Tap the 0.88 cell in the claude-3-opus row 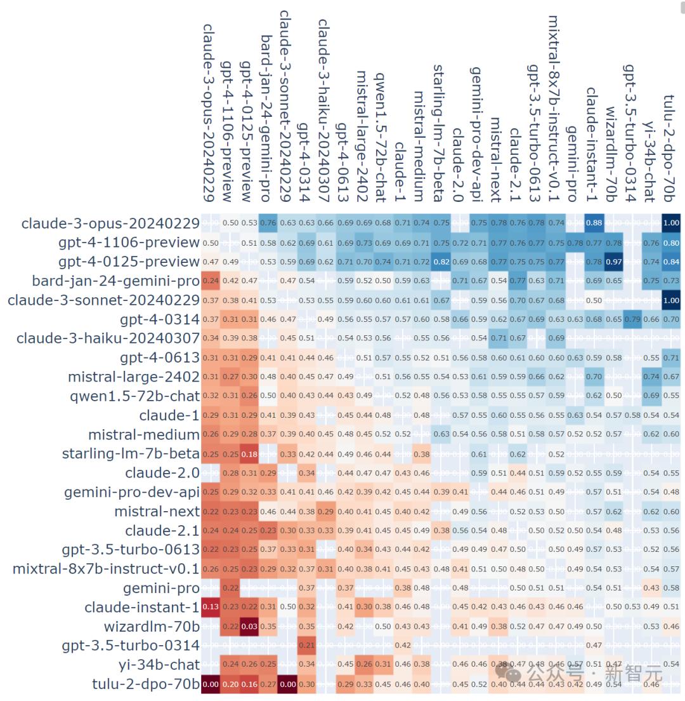tap(594, 223)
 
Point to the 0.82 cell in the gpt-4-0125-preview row tap(441, 261)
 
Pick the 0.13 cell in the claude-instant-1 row tap(210, 608)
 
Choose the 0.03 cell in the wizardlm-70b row tap(249, 627)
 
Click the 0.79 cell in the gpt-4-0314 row tap(632, 319)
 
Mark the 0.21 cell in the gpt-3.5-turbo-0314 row tap(306, 646)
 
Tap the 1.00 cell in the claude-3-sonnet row tap(670, 300)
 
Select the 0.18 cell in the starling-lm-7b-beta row tap(249, 454)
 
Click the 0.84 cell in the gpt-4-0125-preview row tap(670, 261)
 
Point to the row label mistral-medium tap(144, 435)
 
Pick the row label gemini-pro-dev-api tap(132, 493)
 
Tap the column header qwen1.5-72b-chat tap(381, 137)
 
